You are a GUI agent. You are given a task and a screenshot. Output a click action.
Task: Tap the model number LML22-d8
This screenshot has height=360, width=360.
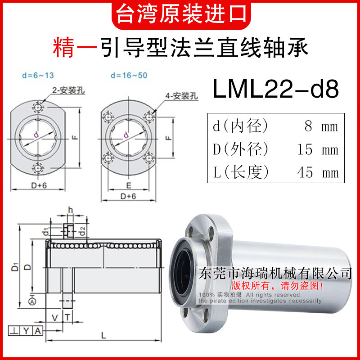point(275,90)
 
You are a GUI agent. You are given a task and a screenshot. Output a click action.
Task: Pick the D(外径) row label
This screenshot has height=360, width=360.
point(241,149)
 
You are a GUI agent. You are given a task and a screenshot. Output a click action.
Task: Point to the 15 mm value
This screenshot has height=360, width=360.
point(317,149)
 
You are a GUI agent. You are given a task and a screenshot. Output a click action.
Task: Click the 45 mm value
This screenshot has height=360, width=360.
point(317,172)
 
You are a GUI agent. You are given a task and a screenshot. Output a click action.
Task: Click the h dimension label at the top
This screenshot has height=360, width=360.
point(70,210)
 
